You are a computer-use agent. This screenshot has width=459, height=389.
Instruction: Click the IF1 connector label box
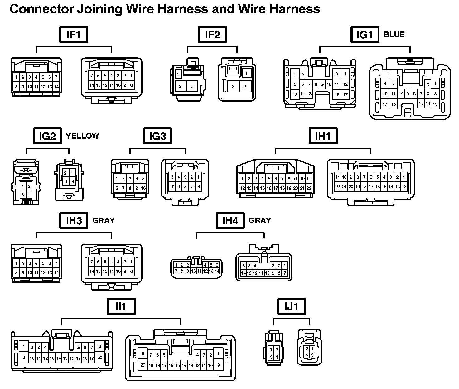(74, 34)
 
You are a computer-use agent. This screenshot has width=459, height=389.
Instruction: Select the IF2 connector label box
(212, 34)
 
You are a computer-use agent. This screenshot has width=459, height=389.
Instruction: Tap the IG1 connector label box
(365, 34)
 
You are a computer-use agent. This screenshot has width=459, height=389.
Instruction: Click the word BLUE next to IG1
(394, 34)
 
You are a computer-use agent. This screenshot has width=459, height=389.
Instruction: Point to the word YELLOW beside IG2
(82, 136)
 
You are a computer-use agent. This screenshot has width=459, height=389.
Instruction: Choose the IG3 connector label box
(157, 136)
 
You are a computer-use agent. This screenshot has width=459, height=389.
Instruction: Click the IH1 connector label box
(323, 136)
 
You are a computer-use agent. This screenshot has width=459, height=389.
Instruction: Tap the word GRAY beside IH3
(104, 220)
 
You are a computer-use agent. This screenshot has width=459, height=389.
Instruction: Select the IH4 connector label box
(230, 220)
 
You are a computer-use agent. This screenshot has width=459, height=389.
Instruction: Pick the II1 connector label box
(121, 306)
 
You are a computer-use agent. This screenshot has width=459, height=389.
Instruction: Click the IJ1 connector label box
(292, 306)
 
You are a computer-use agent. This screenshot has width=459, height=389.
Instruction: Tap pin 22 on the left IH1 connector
(309, 188)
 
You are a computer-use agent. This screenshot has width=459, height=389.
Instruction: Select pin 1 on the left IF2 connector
(178, 74)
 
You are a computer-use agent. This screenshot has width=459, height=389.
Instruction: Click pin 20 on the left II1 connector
(100, 358)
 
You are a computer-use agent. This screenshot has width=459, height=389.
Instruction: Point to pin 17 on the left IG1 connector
(345, 95)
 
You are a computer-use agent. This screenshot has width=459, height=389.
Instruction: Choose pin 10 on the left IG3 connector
(143, 188)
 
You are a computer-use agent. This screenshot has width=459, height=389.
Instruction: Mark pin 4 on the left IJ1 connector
(277, 357)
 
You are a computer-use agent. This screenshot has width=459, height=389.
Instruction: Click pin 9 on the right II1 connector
(219, 365)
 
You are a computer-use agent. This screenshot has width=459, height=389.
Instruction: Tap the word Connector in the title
(42, 9)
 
